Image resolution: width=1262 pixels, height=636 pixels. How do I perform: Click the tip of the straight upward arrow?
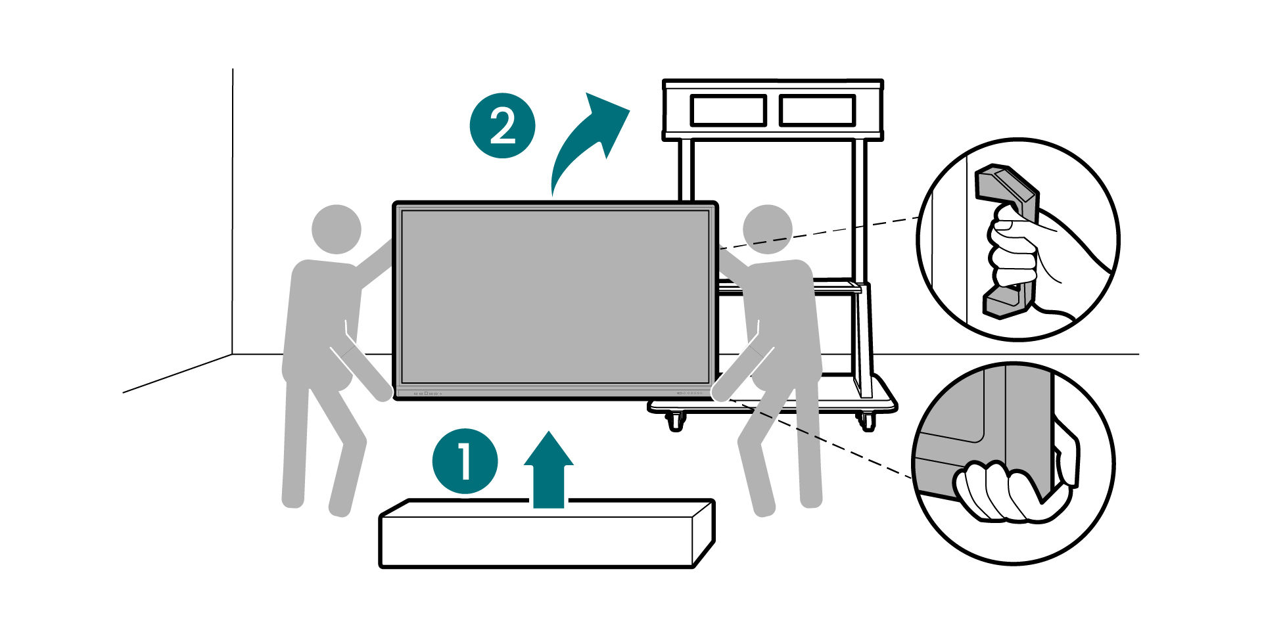(549, 432)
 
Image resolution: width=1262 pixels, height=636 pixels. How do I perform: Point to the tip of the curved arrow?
(630, 110)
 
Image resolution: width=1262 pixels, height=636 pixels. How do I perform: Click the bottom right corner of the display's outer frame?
(717, 399)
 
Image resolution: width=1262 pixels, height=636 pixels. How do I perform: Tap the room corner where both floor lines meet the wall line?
(233, 355)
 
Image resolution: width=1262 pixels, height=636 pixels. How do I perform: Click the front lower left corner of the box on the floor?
(381, 566)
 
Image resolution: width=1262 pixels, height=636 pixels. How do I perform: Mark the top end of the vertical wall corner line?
(233, 69)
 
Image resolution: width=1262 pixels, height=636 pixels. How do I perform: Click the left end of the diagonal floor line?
(123, 393)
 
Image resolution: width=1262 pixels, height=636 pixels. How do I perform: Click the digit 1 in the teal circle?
(465, 461)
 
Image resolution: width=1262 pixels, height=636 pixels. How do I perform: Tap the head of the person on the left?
(336, 229)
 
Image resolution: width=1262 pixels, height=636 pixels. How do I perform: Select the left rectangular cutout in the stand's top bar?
(728, 110)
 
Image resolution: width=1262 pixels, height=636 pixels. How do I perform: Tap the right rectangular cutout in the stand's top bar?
(818, 110)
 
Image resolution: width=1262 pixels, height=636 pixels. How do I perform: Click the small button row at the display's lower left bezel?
(427, 394)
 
